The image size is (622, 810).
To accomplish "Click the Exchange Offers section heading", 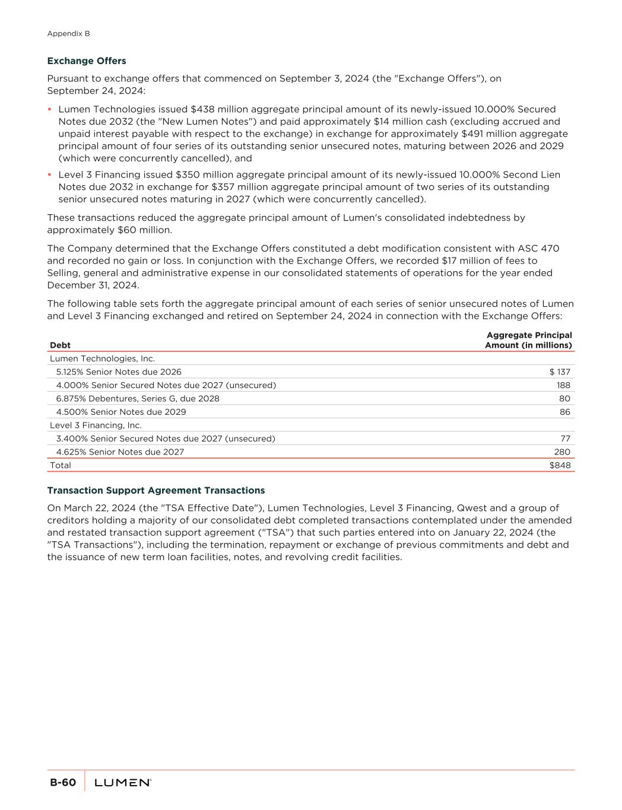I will click(87, 61).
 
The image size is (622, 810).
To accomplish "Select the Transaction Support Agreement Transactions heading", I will click(155, 491).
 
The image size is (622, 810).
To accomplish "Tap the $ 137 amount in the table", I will click(560, 372).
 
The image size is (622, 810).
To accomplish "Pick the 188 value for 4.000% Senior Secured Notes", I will click(563, 385).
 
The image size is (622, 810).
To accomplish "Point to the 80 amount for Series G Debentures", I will click(564, 399).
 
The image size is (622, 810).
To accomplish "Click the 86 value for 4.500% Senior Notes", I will click(564, 412).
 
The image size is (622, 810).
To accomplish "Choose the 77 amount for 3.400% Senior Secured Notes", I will click(565, 439).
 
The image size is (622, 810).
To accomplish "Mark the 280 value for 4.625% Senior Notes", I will click(562, 452).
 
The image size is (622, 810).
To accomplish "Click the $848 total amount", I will click(560, 465).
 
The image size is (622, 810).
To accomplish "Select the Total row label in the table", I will click(61, 465).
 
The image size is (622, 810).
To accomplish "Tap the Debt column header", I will click(60, 345).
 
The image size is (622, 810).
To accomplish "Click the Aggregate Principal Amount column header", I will click(528, 340).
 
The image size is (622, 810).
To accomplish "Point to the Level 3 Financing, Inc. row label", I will click(96, 425).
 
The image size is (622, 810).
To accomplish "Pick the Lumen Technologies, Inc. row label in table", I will click(102, 358).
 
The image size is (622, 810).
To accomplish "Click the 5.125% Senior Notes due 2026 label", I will click(119, 372).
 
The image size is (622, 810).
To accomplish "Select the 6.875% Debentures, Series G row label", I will click(138, 399).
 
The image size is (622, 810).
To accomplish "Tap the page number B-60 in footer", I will click(62, 783).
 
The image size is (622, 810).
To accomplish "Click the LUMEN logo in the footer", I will click(123, 783).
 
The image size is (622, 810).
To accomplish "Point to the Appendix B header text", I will click(68, 34).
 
